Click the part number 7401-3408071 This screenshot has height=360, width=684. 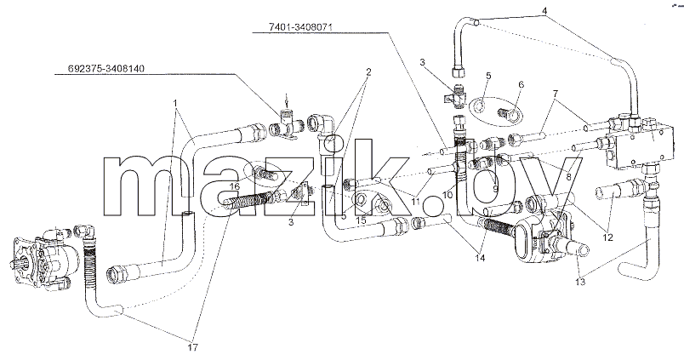[x=301, y=27]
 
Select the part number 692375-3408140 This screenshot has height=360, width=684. [x=106, y=68]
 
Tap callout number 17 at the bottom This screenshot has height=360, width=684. [x=193, y=347]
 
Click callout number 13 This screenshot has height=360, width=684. [x=579, y=283]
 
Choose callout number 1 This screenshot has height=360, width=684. [x=175, y=103]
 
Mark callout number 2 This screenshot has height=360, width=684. [x=368, y=71]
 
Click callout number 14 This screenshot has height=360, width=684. [x=481, y=259]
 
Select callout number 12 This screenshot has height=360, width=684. [x=607, y=237]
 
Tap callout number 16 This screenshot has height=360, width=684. [x=235, y=186]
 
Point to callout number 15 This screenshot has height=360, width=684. [x=361, y=221]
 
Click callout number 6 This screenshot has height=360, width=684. [x=520, y=84]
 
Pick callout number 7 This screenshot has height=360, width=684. [x=555, y=93]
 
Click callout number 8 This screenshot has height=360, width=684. [x=568, y=177]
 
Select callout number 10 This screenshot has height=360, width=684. [x=448, y=196]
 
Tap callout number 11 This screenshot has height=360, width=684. [x=415, y=202]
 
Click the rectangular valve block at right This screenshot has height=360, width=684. [x=637, y=142]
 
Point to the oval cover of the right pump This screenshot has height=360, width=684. [x=527, y=241]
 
